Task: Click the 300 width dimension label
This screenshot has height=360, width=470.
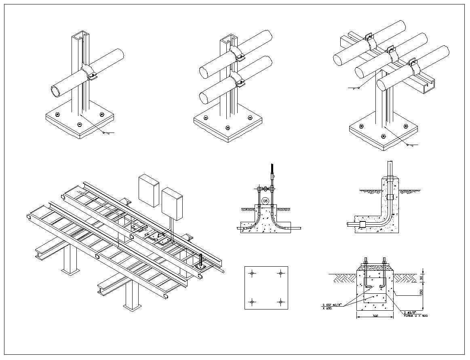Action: click(375, 316)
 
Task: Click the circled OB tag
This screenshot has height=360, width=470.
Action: click(265, 201)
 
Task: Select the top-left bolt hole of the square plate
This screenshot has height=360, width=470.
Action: click(252, 274)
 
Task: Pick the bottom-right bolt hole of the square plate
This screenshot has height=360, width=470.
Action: click(280, 301)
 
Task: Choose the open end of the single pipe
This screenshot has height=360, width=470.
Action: click(56, 91)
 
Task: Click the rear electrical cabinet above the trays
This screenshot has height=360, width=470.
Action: click(149, 190)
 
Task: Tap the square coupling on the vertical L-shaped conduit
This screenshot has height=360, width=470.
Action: click(389, 197)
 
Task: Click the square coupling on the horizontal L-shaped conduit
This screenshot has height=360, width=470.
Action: click(362, 223)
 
